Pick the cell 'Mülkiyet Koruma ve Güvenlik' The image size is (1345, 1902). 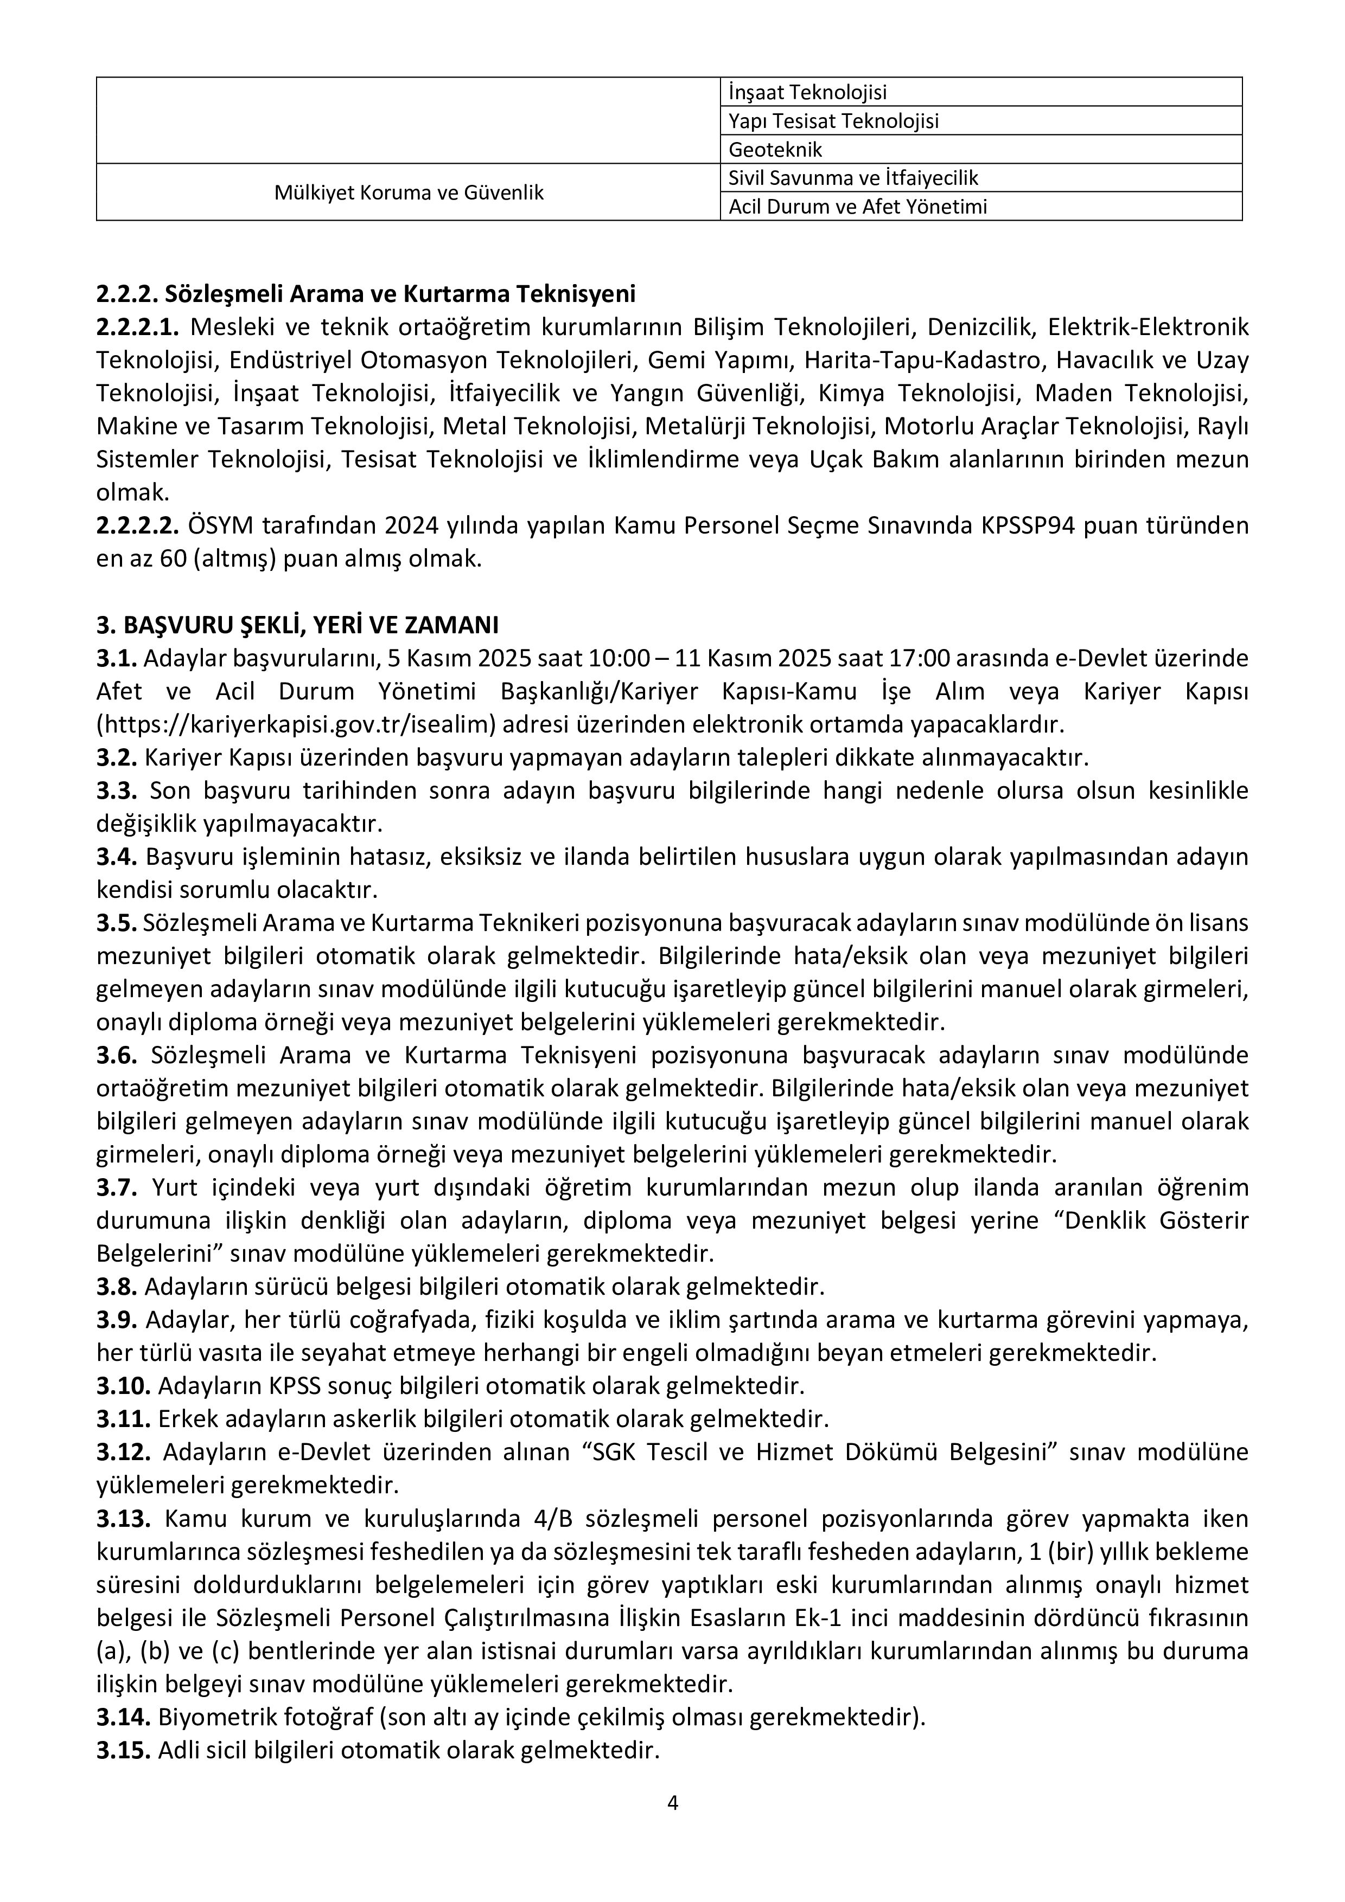409,192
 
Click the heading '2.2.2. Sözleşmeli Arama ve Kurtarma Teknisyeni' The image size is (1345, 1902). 366,294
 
